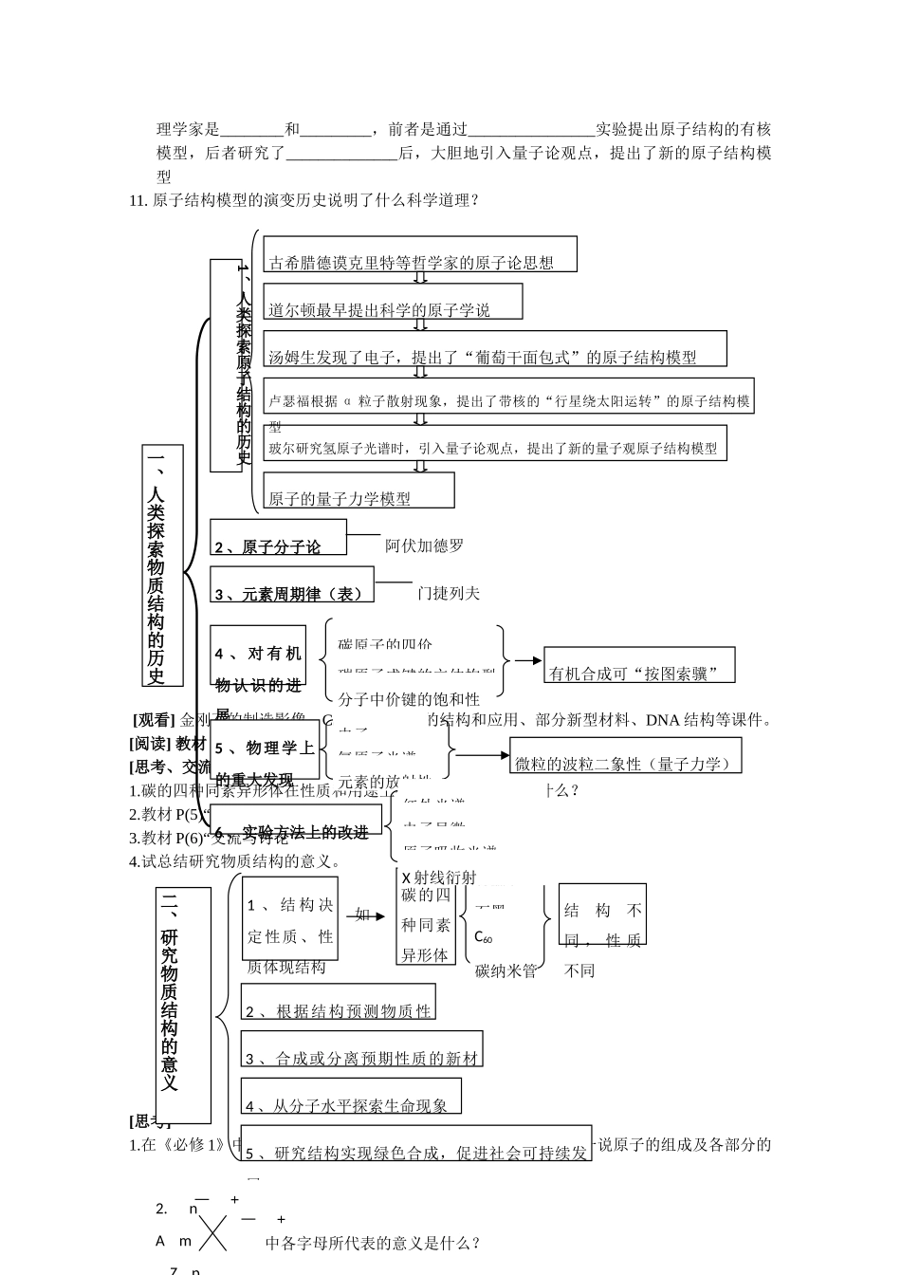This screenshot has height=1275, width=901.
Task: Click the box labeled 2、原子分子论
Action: (278, 537)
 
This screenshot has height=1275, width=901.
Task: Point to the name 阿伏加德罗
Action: (424, 545)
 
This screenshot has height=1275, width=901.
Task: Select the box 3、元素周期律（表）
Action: (292, 584)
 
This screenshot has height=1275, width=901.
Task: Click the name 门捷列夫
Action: (449, 593)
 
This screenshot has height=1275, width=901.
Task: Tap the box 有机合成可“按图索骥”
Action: (640, 665)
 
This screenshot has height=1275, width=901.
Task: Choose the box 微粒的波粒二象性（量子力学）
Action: (625, 755)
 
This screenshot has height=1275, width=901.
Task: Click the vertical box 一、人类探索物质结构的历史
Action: (162, 564)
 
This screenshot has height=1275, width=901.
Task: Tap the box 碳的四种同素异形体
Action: (426, 917)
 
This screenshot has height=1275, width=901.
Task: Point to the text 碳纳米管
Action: (506, 970)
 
